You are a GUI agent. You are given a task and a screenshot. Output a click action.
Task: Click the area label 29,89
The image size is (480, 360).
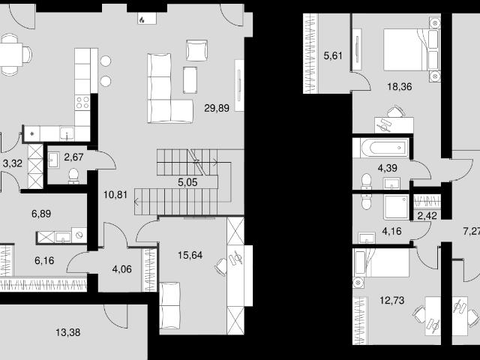217,108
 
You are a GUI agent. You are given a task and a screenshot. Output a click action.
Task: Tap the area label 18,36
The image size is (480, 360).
400,87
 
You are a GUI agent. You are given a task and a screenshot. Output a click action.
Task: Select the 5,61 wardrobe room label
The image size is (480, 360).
333,55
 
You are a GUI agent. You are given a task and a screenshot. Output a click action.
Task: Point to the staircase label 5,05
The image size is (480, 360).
187,182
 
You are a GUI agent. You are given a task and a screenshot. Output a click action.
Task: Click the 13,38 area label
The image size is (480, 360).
68,332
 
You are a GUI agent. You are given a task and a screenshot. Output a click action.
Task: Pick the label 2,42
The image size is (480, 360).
427,216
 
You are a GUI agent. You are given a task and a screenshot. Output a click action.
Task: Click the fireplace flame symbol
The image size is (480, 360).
142,20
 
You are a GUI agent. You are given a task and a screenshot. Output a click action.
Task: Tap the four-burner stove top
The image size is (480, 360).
82,102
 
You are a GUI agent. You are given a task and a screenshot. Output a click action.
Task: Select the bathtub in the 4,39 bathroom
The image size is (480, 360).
380,148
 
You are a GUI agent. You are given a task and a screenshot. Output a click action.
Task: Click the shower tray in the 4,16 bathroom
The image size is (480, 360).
397,207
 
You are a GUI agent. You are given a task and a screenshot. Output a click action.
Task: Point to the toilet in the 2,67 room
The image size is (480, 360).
73,176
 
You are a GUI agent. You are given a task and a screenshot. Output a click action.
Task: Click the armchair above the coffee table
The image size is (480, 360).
196,50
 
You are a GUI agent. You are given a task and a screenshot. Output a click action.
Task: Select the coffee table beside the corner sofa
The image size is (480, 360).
190,80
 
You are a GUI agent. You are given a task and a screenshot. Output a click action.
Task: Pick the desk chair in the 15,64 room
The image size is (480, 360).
221,266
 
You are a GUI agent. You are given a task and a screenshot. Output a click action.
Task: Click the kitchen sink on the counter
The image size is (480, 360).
67,133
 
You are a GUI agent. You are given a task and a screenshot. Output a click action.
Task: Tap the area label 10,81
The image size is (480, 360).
115,194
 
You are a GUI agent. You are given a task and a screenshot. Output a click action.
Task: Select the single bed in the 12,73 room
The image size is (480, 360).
381,262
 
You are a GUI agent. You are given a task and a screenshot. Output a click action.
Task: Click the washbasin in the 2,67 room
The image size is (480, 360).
53,160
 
